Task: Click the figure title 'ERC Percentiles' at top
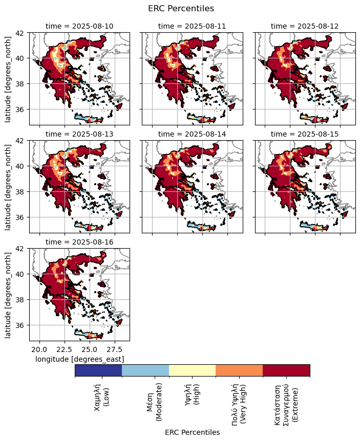tap(181, 9)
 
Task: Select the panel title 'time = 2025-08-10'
tap(79, 26)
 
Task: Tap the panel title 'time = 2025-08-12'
tap(305, 26)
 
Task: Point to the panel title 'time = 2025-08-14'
tap(192, 134)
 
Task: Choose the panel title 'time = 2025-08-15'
tap(305, 134)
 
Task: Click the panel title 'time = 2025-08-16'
tap(79, 242)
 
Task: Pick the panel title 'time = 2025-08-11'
tap(192, 26)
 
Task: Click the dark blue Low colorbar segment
tap(98, 370)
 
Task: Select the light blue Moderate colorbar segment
tap(145, 370)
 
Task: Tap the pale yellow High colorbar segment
tap(192, 370)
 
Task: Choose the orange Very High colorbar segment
tap(239, 370)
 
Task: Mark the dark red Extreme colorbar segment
tap(286, 370)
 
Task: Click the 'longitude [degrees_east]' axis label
tap(79, 359)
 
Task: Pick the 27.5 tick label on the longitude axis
tap(115, 349)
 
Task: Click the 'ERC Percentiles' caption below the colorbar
tap(192, 432)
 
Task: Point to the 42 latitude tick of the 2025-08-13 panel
tap(22, 141)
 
